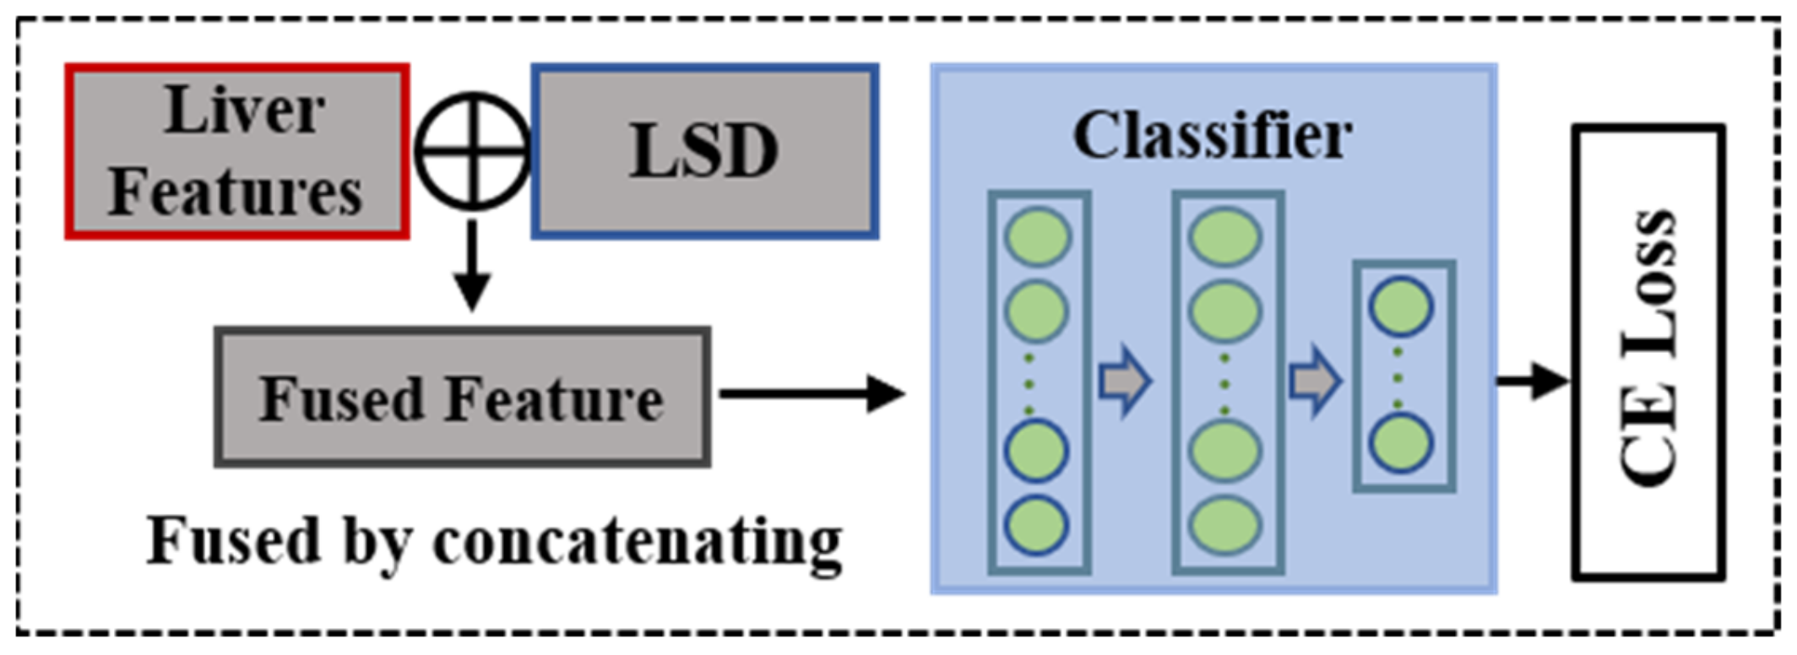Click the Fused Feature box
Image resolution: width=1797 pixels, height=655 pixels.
click(x=462, y=398)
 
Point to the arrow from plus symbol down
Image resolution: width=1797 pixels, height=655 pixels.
click(x=472, y=266)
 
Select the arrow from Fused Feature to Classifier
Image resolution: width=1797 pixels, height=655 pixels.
click(x=811, y=393)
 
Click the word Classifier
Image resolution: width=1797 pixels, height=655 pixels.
click(x=1212, y=135)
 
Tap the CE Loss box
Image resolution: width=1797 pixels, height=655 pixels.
click(x=1648, y=352)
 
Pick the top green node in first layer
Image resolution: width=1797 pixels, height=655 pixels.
click(x=1037, y=237)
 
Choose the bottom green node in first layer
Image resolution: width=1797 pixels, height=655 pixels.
click(x=1037, y=525)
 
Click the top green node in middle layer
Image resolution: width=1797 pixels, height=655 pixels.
click(x=1224, y=237)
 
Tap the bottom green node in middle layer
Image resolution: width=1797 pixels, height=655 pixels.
click(x=1224, y=525)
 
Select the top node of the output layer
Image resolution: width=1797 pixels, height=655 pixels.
click(x=1400, y=306)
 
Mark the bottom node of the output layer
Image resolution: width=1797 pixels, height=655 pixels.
click(x=1400, y=444)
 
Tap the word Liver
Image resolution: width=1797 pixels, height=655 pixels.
click(x=245, y=111)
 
